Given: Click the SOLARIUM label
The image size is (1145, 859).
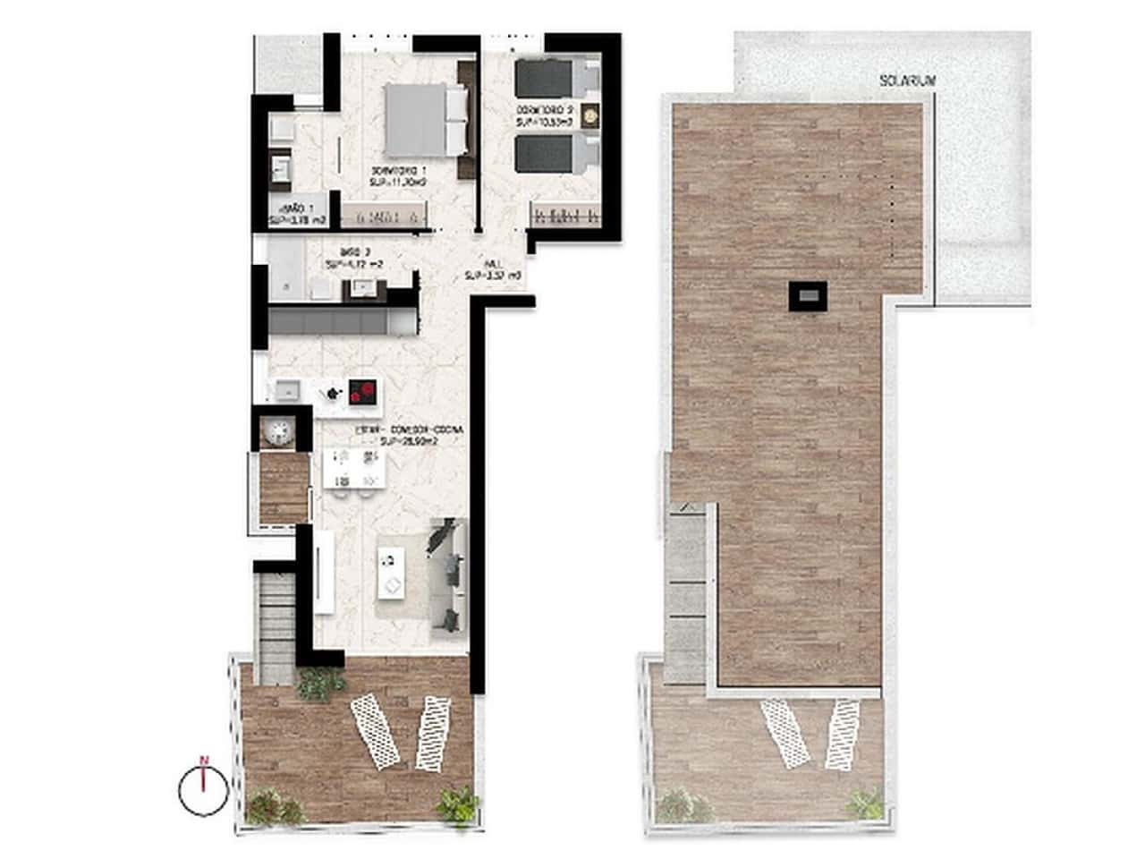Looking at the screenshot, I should click(x=907, y=81).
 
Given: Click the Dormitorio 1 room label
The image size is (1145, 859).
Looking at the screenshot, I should click(x=398, y=175).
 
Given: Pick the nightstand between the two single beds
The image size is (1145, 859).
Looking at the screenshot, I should click(x=589, y=115).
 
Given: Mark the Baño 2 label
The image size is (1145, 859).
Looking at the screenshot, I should click(x=355, y=258).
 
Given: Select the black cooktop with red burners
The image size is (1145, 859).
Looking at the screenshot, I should click(x=362, y=391).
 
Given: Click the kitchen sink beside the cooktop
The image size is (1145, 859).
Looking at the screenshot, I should click(x=287, y=390).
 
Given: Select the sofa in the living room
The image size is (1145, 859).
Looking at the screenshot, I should click(x=447, y=574).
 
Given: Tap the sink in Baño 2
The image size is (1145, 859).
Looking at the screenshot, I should click(x=363, y=286).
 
